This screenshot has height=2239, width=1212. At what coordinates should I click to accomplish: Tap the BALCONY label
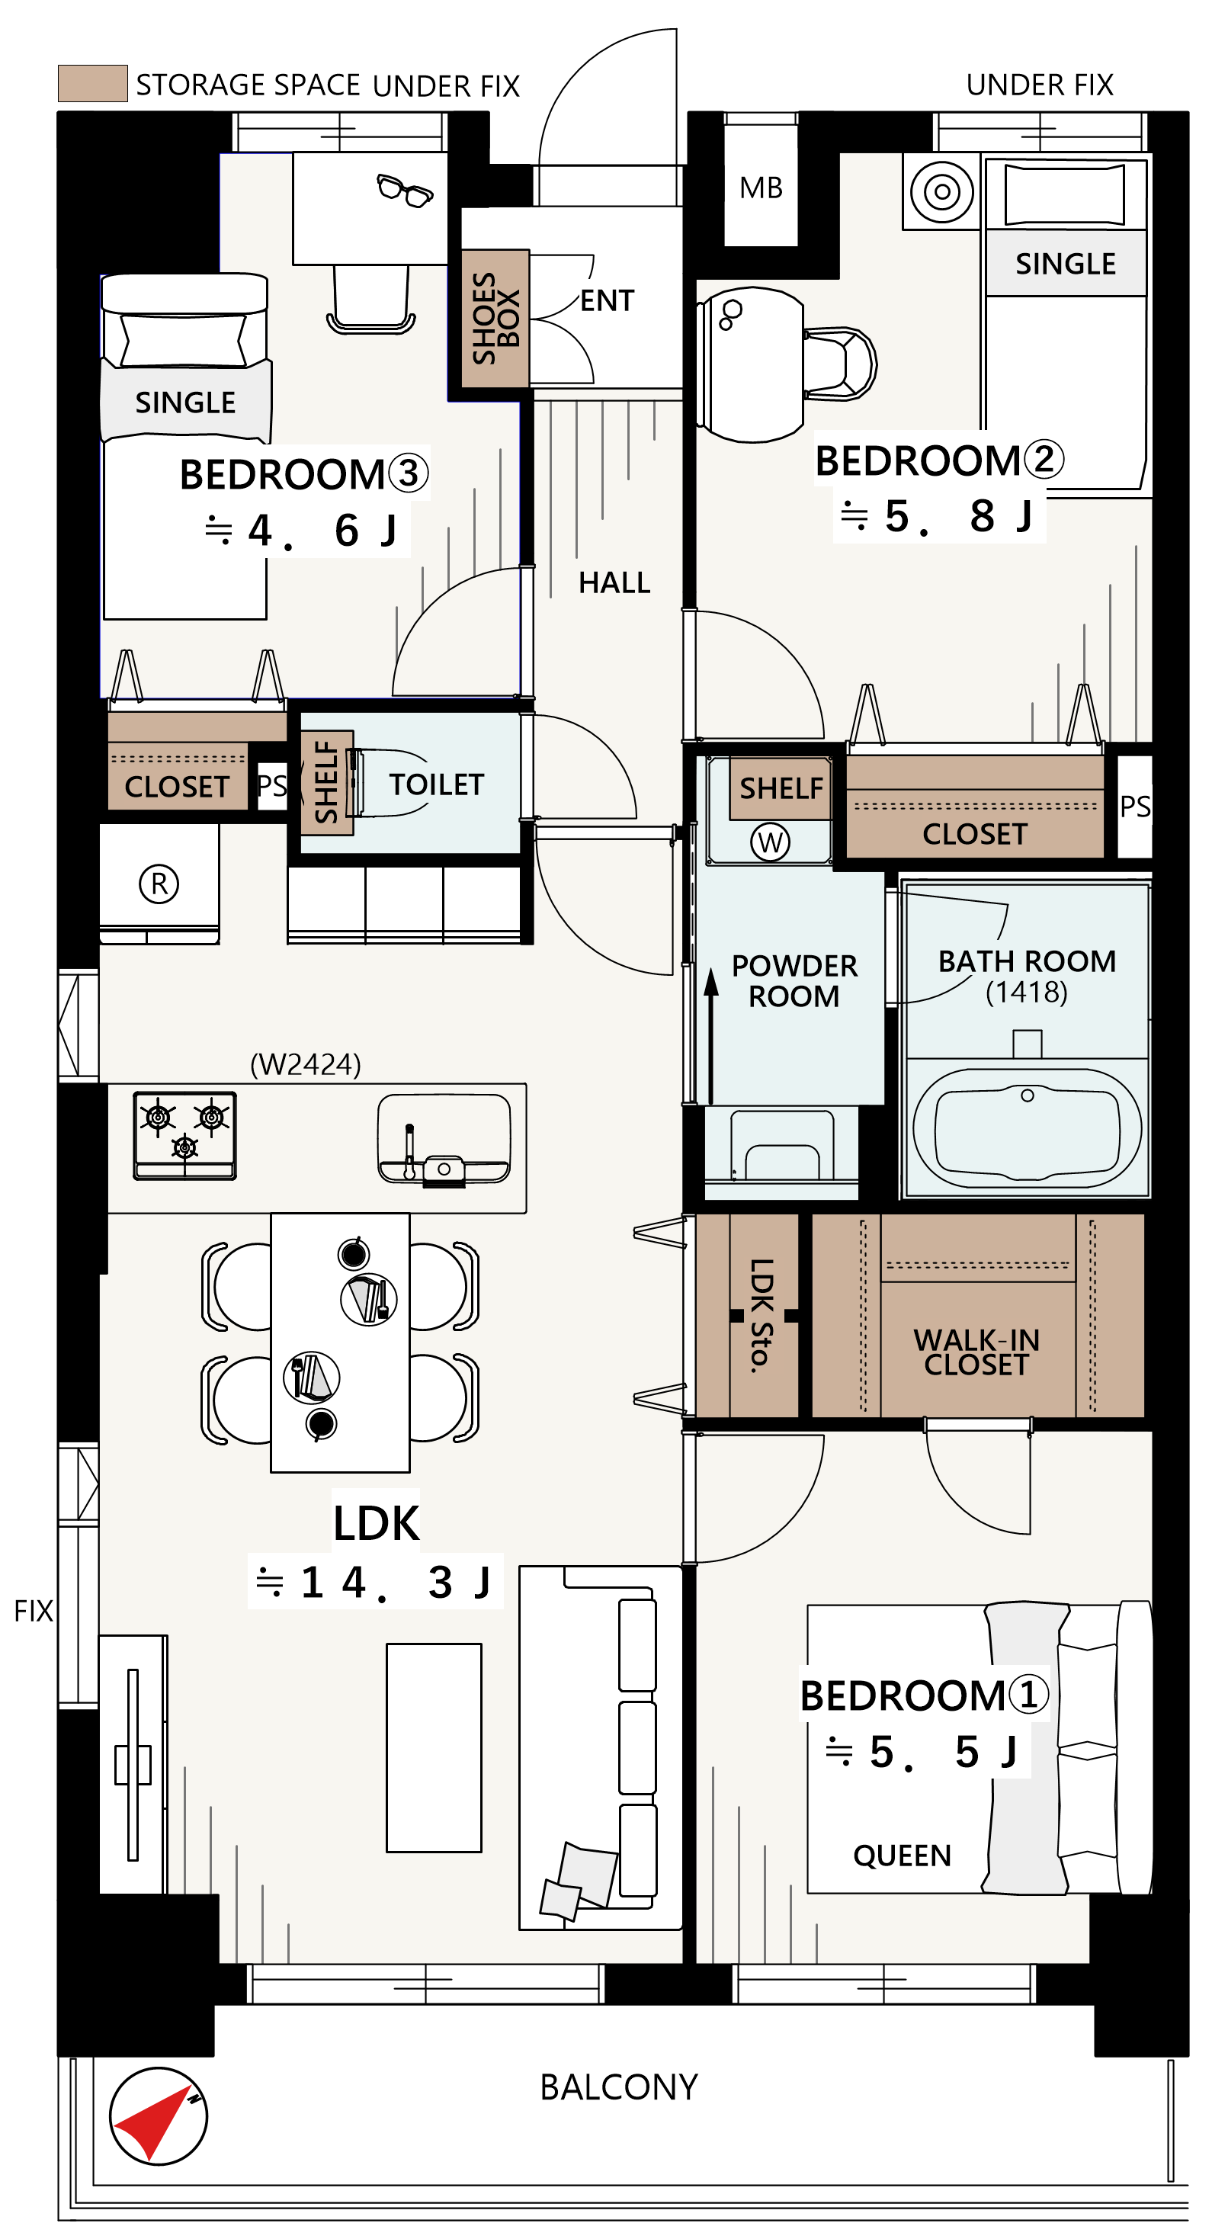coord(619,2087)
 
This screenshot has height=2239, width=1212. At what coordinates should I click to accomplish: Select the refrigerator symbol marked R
coord(159,884)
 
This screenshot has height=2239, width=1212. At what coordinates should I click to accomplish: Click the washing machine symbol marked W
coord(770,842)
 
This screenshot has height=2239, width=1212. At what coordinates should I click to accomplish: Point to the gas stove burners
coord(184,1135)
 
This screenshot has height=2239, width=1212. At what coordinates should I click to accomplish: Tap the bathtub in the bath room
coord(1027,1128)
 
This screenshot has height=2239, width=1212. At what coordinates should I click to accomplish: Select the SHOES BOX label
coord(495,318)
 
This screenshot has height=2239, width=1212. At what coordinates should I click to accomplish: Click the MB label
coord(761,188)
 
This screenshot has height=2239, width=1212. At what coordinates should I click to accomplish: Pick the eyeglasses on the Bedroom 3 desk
coord(404,191)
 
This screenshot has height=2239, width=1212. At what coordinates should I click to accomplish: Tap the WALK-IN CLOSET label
coord(976,1352)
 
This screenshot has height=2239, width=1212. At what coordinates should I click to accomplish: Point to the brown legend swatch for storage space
coord(93,83)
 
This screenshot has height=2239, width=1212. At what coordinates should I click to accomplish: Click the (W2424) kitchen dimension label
coord(306,1064)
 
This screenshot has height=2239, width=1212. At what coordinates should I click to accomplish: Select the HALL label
coord(614,582)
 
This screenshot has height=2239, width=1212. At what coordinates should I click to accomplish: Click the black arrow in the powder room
coord(710,1036)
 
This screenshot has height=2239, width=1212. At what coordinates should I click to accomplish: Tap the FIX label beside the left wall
coord(33,1611)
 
